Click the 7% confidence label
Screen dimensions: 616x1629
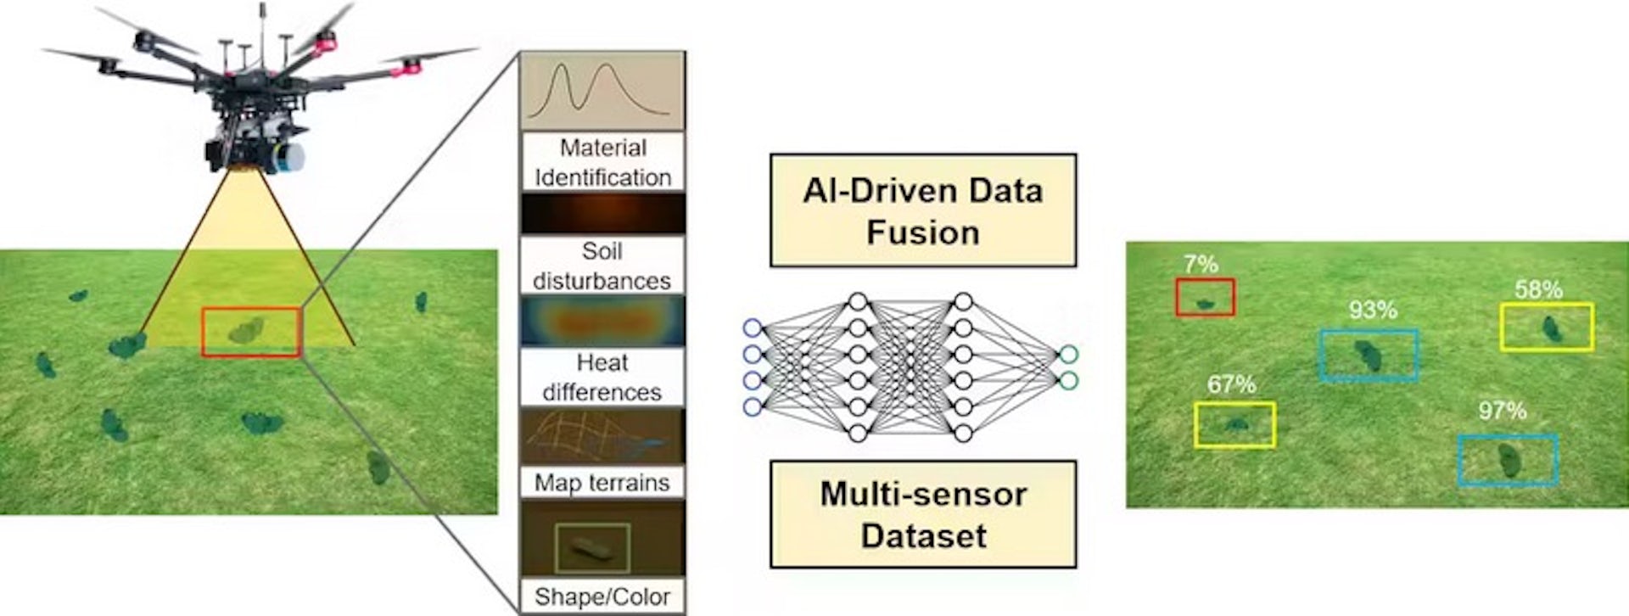(x=1201, y=264)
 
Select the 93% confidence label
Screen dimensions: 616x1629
(x=1373, y=310)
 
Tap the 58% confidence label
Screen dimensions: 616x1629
(x=1538, y=289)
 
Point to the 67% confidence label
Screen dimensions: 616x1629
(x=1231, y=384)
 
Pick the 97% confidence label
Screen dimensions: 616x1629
(x=1503, y=411)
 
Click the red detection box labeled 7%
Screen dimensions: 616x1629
(x=1205, y=298)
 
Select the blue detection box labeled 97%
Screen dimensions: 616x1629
(x=1508, y=461)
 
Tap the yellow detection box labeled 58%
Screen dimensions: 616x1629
(x=1547, y=327)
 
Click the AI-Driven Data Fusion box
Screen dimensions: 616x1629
(x=923, y=210)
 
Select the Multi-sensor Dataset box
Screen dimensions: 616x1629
(x=923, y=514)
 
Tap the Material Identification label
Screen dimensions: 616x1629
(x=602, y=162)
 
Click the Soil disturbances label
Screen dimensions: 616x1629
(x=602, y=266)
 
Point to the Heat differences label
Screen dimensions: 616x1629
(x=602, y=377)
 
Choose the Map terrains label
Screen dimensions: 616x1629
(x=602, y=483)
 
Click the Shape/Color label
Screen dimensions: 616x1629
(x=602, y=596)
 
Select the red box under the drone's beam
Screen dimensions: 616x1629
(x=251, y=332)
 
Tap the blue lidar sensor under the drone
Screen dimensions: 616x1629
(x=294, y=158)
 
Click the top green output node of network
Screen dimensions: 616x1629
(x=1068, y=354)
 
